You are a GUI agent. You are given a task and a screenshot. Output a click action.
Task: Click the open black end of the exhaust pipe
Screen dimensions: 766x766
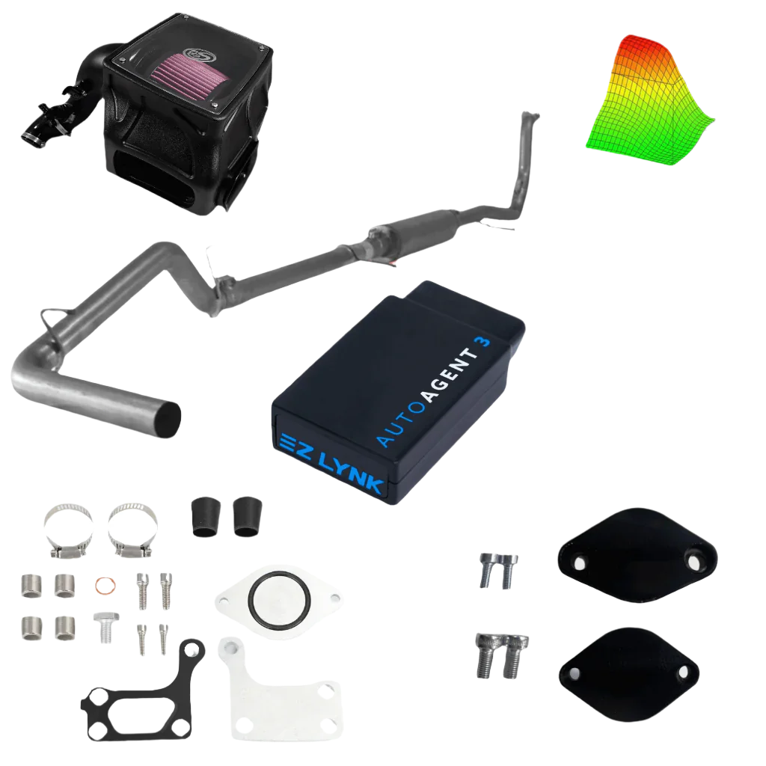tap(169, 419)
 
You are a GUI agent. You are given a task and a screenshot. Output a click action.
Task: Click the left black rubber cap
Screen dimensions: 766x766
tap(206, 517)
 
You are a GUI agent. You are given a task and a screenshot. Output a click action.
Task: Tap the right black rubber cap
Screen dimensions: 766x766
tap(248, 516)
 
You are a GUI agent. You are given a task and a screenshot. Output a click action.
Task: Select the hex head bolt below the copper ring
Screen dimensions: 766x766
tap(106, 628)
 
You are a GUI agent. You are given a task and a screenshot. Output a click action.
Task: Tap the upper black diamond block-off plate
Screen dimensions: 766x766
tap(637, 555)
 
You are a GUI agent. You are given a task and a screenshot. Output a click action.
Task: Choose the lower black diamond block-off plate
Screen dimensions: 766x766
tap(629, 675)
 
